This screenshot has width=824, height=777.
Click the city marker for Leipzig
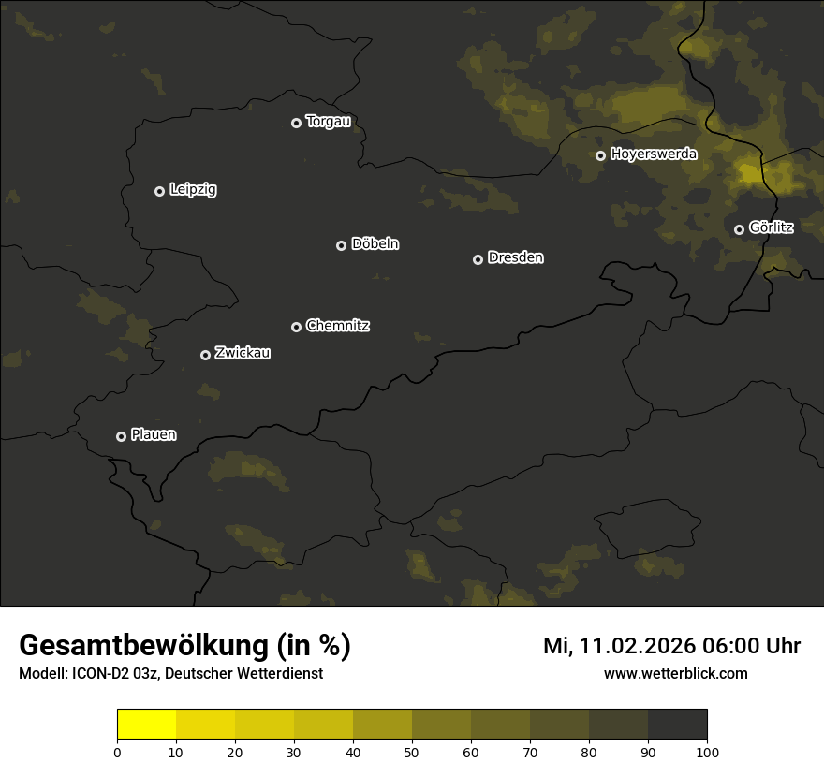pyautogui.click(x=159, y=191)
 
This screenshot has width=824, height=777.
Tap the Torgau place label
pyautogui.click(x=328, y=122)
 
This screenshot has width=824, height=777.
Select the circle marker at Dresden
pyautogui.click(x=478, y=259)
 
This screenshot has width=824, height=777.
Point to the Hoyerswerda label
pyautogui.click(x=654, y=154)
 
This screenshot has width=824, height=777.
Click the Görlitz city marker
pyautogui.click(x=739, y=229)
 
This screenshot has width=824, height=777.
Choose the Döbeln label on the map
pyautogui.click(x=375, y=244)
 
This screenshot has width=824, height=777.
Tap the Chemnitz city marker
pyautogui.click(x=296, y=327)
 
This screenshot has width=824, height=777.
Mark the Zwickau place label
pyautogui.click(x=243, y=354)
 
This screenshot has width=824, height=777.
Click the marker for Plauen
pyautogui.click(x=121, y=436)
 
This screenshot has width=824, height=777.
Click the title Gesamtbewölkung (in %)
pyautogui.click(x=184, y=646)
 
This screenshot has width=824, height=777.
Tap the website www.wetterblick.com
pyautogui.click(x=675, y=673)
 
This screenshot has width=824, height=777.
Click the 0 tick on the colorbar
pyautogui.click(x=117, y=752)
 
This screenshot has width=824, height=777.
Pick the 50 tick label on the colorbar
pyautogui.click(x=412, y=752)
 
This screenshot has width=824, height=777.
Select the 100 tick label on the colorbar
pyautogui.click(x=707, y=752)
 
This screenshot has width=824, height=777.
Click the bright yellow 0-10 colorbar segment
pyautogui.click(x=146, y=725)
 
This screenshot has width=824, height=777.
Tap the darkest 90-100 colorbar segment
pyautogui.click(x=677, y=725)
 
